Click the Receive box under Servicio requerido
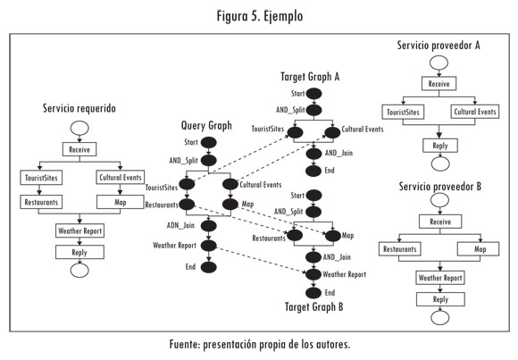click(79, 149)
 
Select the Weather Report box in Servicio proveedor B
click(440, 278)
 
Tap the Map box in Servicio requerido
click(121, 202)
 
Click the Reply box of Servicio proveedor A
click(440, 146)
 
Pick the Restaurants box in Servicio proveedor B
click(400, 249)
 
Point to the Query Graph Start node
click(209, 142)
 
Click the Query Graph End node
click(209, 267)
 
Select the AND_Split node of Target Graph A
click(313, 110)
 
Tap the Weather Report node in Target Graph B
click(313, 274)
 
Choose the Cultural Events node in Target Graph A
click(332, 132)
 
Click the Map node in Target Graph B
click(332, 236)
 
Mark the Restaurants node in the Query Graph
click(187, 205)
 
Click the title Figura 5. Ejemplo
click(260, 16)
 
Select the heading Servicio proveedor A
click(439, 46)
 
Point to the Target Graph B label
click(313, 307)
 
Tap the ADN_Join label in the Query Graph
click(180, 225)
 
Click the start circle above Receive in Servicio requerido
click(79, 129)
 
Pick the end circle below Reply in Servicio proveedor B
click(440, 318)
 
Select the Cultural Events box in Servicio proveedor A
click(475, 112)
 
